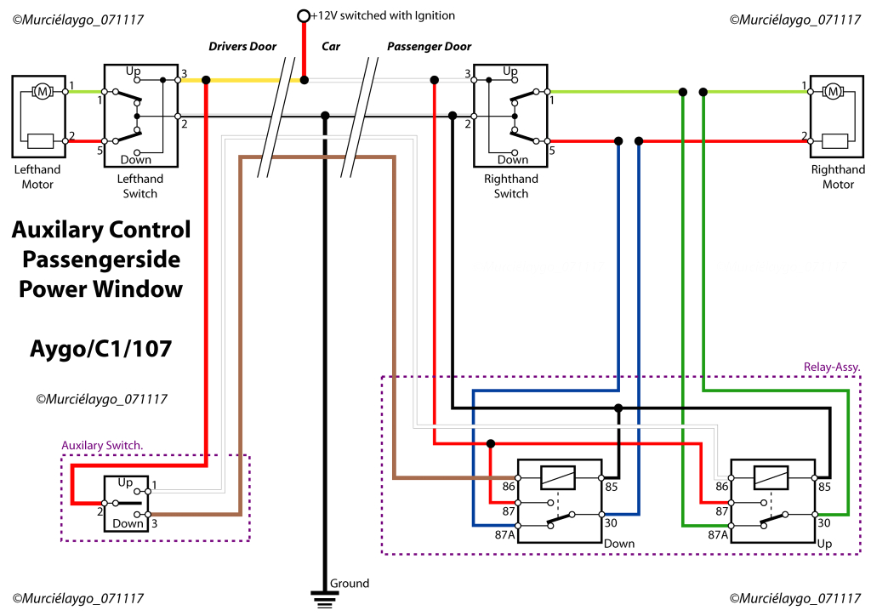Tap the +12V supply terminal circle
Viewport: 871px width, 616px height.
click(304, 15)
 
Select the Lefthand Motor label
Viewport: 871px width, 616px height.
click(37, 176)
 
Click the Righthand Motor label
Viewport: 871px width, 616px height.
click(837, 176)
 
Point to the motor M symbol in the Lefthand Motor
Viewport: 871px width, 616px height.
click(40, 91)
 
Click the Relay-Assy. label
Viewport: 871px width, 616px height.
click(831, 367)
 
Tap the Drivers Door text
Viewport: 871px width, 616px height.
click(242, 46)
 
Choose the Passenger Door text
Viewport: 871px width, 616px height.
click(429, 46)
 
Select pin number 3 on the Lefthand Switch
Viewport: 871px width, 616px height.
click(183, 75)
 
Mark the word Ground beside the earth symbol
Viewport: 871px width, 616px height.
click(350, 583)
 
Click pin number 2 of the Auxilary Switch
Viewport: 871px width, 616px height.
click(100, 510)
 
